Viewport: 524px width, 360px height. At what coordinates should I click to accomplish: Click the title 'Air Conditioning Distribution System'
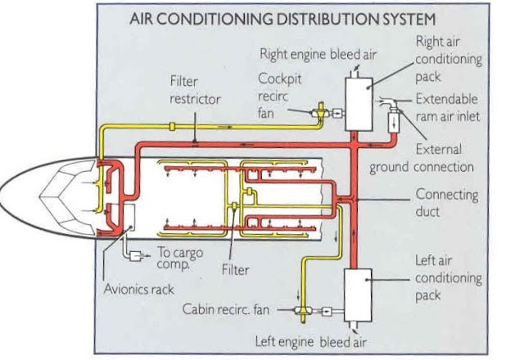(282, 18)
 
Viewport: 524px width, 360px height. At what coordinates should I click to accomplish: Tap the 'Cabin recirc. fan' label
(231, 310)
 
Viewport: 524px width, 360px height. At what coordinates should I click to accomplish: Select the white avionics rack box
(122, 217)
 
